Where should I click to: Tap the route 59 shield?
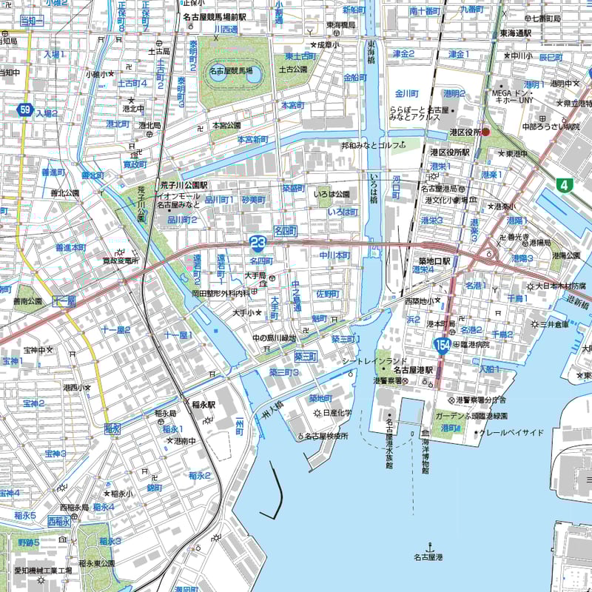[x=26, y=111]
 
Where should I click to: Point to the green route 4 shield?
[x=566, y=185]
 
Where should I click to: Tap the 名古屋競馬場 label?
[x=230, y=70]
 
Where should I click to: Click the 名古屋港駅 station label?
[x=412, y=369]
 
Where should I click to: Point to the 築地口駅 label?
[x=434, y=260]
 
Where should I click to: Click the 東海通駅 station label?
[x=515, y=33]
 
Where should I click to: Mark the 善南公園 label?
[x=27, y=301]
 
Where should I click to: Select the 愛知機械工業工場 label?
[x=43, y=571]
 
